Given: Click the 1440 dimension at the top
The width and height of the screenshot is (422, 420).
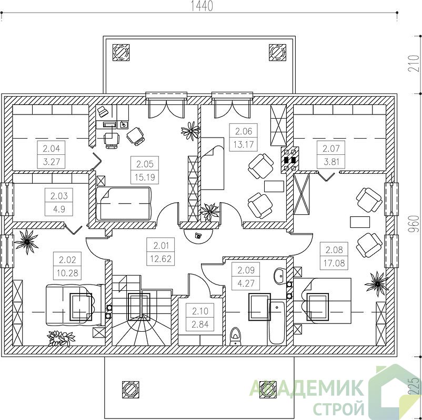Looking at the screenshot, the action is click(x=202, y=6).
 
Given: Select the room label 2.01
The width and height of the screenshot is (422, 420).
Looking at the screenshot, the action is click(x=160, y=246).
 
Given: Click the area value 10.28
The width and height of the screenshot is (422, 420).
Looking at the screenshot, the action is click(x=67, y=273).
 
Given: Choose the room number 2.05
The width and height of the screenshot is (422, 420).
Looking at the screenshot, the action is click(x=145, y=164).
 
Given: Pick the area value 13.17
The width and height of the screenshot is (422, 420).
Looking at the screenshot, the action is click(x=243, y=144).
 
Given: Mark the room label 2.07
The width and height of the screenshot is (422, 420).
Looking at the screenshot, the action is click(x=331, y=148).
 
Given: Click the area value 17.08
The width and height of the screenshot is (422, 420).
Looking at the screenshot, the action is click(x=334, y=263).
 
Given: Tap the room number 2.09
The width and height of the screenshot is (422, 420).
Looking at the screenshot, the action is click(x=246, y=270).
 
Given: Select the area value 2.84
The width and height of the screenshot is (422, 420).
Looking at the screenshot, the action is click(x=200, y=324).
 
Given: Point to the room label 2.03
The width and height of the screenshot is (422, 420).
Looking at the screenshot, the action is click(x=59, y=195).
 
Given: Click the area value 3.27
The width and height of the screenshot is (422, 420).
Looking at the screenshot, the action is click(x=51, y=162).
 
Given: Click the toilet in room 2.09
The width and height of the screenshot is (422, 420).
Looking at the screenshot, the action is click(x=235, y=336).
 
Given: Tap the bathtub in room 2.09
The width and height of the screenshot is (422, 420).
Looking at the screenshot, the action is click(x=276, y=323).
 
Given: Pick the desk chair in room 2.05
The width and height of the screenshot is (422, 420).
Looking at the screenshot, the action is click(x=112, y=140).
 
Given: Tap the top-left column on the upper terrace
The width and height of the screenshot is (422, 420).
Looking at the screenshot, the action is click(x=121, y=52).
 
